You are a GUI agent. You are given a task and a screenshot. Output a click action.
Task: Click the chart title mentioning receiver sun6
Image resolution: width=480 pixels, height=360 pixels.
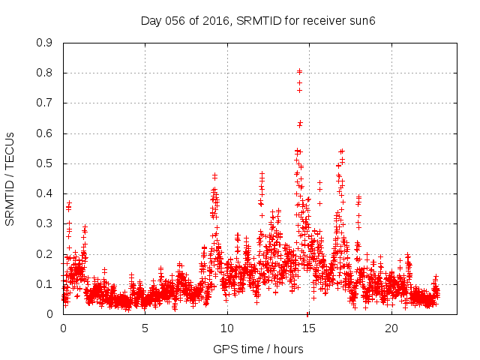(257, 20)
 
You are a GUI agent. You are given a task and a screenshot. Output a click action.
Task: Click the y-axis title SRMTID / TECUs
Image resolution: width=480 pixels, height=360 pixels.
(10, 178)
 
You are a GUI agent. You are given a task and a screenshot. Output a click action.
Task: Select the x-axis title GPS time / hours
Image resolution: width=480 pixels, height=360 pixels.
(258, 349)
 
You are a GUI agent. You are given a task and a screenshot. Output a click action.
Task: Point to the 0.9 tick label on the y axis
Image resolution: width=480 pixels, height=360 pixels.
(45, 43)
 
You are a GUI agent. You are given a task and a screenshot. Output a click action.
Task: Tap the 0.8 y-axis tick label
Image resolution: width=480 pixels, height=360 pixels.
(45, 73)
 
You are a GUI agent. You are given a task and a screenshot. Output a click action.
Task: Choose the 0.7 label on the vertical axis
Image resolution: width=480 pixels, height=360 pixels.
(45, 103)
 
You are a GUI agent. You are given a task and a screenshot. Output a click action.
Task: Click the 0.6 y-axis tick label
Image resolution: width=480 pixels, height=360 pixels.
(45, 133)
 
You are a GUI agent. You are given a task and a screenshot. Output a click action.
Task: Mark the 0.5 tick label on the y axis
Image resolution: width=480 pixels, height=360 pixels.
(45, 163)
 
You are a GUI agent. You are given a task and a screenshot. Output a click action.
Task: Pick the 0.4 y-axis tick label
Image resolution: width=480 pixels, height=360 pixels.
(45, 193)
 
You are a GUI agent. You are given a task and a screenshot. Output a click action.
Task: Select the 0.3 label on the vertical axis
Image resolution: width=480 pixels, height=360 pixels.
(45, 223)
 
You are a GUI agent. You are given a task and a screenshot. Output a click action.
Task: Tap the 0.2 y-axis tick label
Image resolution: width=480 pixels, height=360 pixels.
(45, 254)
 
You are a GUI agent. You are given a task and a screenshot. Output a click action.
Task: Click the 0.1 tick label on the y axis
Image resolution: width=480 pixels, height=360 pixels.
(45, 284)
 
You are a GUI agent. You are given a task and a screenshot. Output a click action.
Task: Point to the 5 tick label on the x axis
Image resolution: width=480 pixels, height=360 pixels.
(145, 328)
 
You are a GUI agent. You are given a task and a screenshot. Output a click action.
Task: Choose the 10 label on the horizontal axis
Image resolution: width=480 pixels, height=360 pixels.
(227, 328)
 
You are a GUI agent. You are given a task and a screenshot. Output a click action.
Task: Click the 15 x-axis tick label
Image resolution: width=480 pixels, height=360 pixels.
(309, 328)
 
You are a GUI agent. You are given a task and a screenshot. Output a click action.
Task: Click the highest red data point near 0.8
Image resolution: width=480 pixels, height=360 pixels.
(299, 71)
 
